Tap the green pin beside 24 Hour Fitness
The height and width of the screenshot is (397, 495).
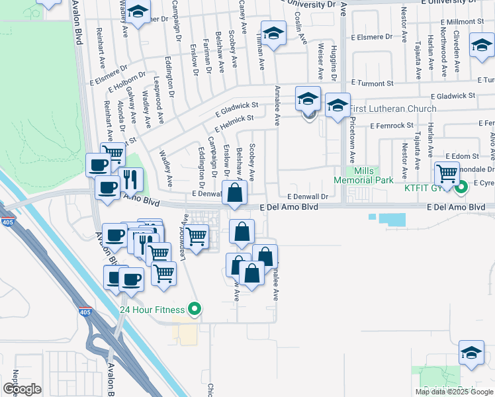(194, 308)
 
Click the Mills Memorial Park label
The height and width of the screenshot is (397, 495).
(363, 175)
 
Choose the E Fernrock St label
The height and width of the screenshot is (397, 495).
(392, 125)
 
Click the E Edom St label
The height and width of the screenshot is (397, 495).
(461, 155)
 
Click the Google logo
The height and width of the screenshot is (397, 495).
(22, 388)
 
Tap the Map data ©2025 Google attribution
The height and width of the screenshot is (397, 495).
(453, 392)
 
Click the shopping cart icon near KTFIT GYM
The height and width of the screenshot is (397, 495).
(447, 174)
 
